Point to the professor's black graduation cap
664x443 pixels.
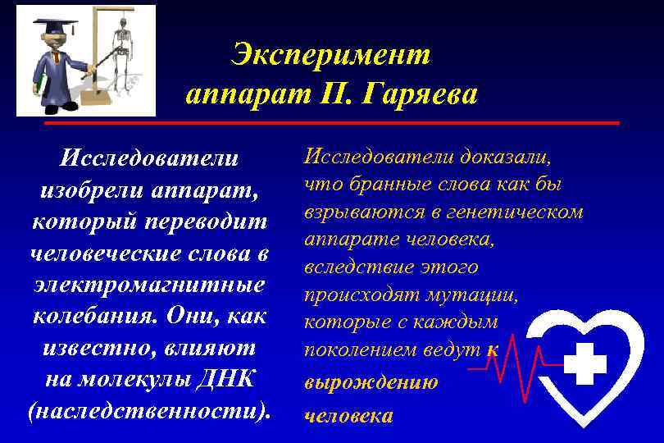pos(51,27)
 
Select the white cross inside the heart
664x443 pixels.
pos(585,363)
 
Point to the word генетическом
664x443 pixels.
pos(520,212)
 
